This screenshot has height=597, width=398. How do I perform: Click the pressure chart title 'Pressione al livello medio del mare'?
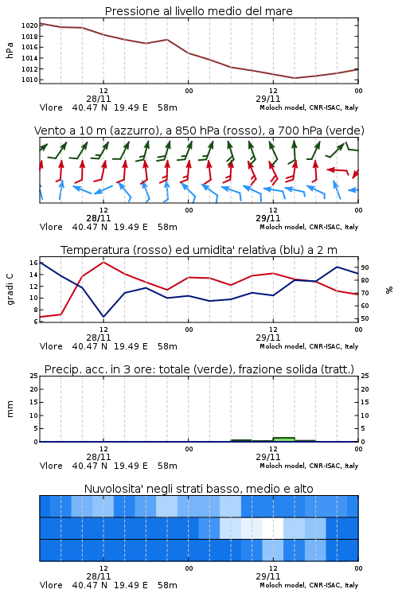pos(198,11)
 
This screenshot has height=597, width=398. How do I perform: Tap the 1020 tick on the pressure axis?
pos(29,26)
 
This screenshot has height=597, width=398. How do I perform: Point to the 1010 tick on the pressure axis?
pos(29,80)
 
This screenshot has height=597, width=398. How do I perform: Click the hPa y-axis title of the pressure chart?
pos(10,50)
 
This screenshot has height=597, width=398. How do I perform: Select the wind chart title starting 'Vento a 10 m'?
pos(199,131)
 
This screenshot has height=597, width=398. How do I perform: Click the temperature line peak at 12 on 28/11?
pos(103,262)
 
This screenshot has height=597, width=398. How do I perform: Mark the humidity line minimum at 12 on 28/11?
pos(103,316)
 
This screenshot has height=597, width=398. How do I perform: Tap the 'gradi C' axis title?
pos(10,289)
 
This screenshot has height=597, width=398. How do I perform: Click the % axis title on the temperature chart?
pos(389,290)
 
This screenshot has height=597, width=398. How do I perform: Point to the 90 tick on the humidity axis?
pos(365,267)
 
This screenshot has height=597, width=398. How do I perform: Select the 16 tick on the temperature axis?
pos(33,263)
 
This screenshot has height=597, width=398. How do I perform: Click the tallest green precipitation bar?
pos(283,439)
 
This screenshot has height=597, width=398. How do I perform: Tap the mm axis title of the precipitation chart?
pos(10,409)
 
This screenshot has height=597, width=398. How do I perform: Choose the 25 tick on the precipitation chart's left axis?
pos(34,376)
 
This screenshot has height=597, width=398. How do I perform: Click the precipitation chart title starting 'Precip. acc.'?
pos(199,369)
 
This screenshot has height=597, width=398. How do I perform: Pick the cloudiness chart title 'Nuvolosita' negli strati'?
pos(199,489)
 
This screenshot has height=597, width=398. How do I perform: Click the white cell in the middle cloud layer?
pos(273,528)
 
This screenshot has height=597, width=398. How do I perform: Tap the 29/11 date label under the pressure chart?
pos(268,99)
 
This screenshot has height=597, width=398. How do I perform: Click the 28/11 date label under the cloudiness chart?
pos(99,576)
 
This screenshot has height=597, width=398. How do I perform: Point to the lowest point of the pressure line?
pos(294,78)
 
